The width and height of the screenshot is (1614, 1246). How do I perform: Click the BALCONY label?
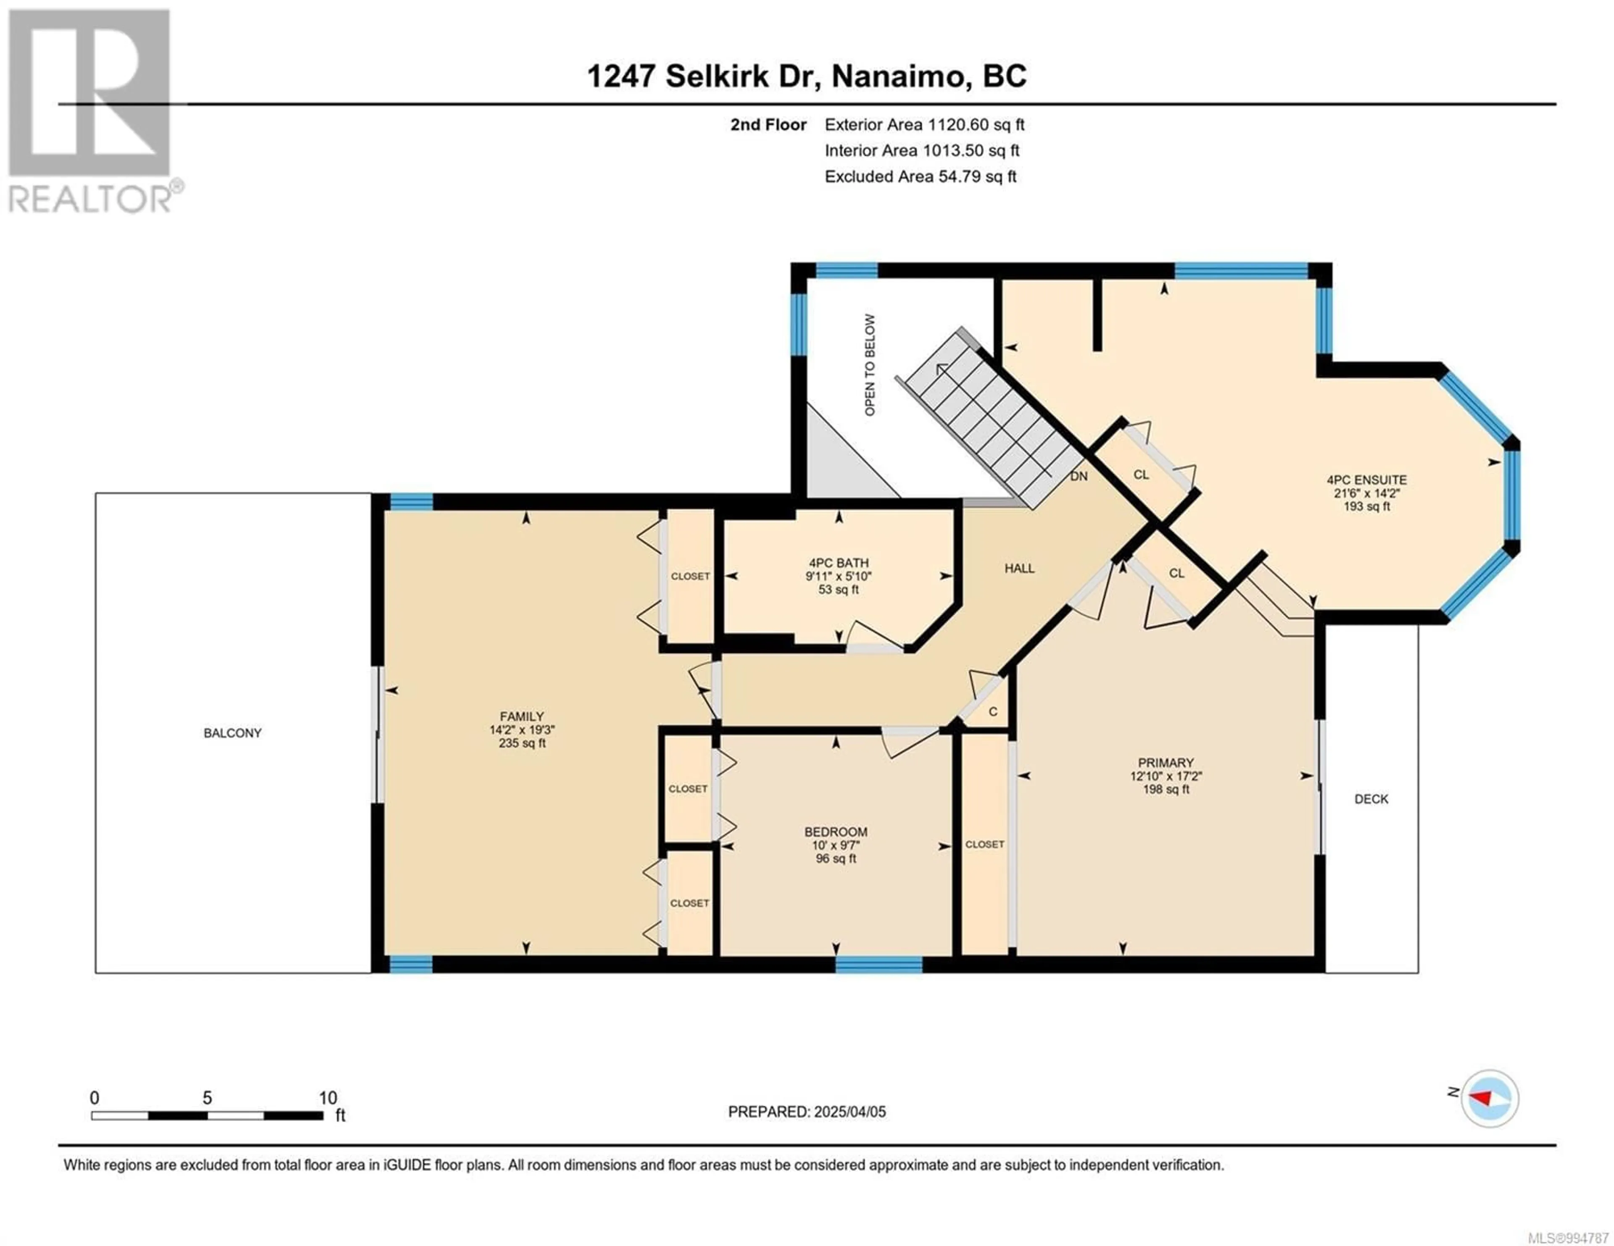coord(233,733)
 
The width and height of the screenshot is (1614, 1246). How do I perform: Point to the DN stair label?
coord(1079,476)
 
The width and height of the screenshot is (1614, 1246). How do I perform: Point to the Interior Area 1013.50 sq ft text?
coord(922,151)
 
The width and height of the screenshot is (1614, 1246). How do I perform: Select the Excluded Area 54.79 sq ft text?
coord(921,176)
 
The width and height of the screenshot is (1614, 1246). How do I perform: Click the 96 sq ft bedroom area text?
coord(836,859)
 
